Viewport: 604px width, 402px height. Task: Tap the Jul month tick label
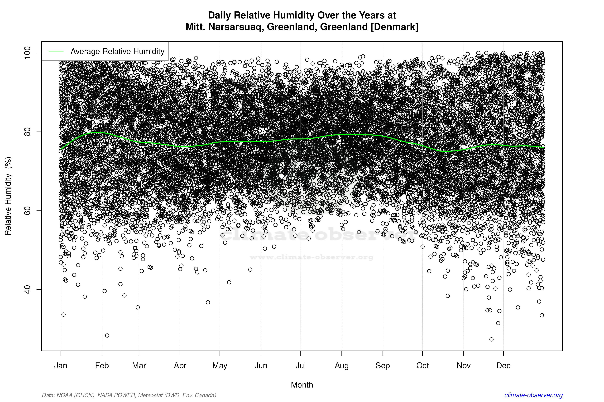coord(300,366)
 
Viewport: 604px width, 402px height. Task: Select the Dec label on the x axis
coord(503,366)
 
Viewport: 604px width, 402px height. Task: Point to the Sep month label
coord(383,366)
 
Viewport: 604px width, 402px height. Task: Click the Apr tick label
coord(180,366)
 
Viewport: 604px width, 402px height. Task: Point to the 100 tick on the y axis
coord(27,53)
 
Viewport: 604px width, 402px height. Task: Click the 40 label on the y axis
coord(27,289)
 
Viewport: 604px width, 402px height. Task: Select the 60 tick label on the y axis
coord(27,210)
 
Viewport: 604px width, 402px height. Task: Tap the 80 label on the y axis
coord(27,132)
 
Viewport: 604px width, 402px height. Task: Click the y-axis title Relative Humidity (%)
coord(8,196)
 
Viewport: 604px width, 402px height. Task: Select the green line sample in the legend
coord(56,51)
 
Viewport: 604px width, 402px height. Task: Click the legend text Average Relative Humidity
coord(117,51)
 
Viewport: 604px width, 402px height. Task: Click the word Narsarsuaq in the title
coord(236,27)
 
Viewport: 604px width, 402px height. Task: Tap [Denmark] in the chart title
coord(394,27)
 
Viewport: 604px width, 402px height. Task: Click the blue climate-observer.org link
coord(533,395)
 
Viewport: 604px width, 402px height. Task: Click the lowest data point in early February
coord(107,335)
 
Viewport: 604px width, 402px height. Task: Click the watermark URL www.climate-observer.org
coord(311,257)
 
